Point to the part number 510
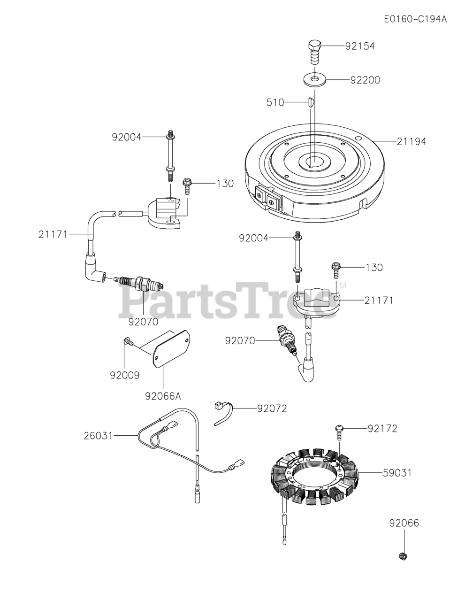click(x=275, y=102)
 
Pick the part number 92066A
click(x=163, y=396)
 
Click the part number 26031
click(x=98, y=436)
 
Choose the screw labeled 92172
click(x=339, y=431)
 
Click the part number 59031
click(x=396, y=473)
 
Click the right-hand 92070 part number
click(x=240, y=340)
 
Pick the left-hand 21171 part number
click(x=54, y=233)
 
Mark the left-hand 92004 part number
click(x=126, y=137)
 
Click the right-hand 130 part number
click(x=374, y=267)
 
